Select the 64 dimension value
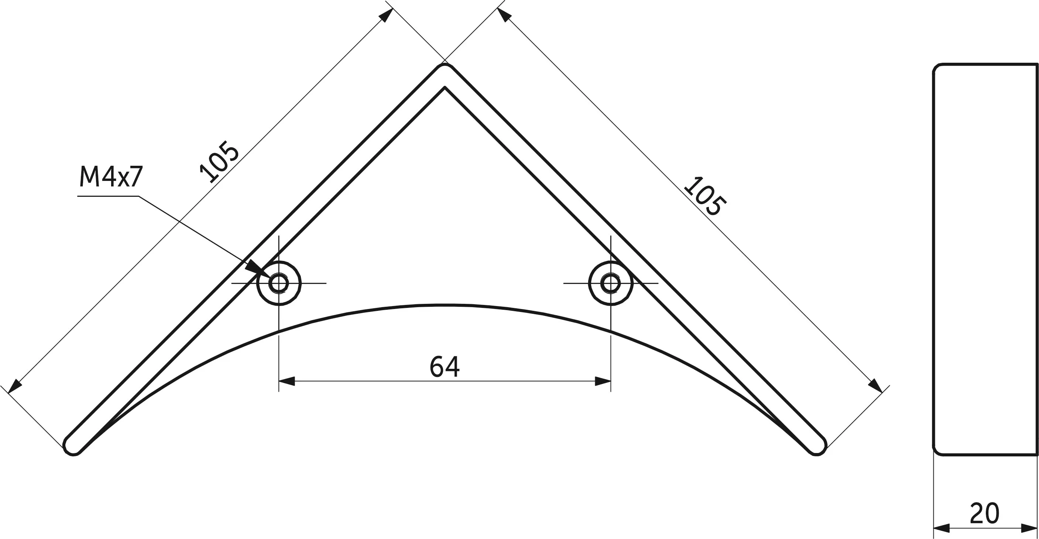445,367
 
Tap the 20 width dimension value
985,513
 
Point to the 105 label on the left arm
220,162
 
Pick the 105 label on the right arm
704,196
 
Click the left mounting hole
279,283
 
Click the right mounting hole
611,283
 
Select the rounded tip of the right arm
817,447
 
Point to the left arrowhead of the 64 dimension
287,381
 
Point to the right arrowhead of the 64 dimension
603,381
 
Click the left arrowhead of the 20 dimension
942,528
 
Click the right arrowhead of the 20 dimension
1029,528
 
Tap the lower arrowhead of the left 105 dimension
15,386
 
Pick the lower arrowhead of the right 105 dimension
875,385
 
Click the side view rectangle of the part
986,259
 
